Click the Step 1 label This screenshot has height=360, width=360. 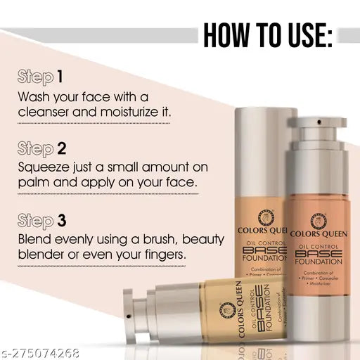tap(43, 76)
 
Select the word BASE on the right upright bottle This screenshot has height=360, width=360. tap(319, 253)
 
